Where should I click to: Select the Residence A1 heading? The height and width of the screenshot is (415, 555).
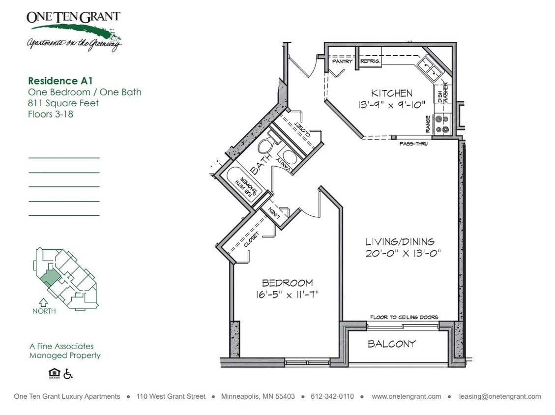pyautogui.click(x=60, y=81)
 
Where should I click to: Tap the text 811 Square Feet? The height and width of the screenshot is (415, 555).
pyautogui.click(x=63, y=103)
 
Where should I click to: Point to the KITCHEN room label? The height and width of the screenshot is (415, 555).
pyautogui.click(x=391, y=93)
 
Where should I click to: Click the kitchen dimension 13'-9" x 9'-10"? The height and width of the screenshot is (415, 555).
pyautogui.click(x=391, y=105)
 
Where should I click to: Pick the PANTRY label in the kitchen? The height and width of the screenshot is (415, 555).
pyautogui.click(x=342, y=62)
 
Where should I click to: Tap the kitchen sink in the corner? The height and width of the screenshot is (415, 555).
pyautogui.click(x=430, y=68)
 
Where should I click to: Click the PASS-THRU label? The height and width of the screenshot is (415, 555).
pyautogui.click(x=413, y=144)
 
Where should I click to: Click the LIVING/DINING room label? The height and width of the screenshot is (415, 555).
pyautogui.click(x=400, y=241)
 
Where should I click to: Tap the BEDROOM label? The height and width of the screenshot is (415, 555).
pyautogui.click(x=287, y=283)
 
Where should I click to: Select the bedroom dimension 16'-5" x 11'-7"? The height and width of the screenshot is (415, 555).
pyautogui.click(x=287, y=295)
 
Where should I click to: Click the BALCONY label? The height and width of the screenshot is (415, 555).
pyautogui.click(x=392, y=344)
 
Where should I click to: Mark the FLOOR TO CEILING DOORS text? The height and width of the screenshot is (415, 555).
pyautogui.click(x=404, y=317)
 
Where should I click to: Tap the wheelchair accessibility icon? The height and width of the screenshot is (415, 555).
pyautogui.click(x=68, y=374)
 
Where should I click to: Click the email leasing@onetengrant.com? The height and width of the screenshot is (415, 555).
pyautogui.click(x=499, y=396)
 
